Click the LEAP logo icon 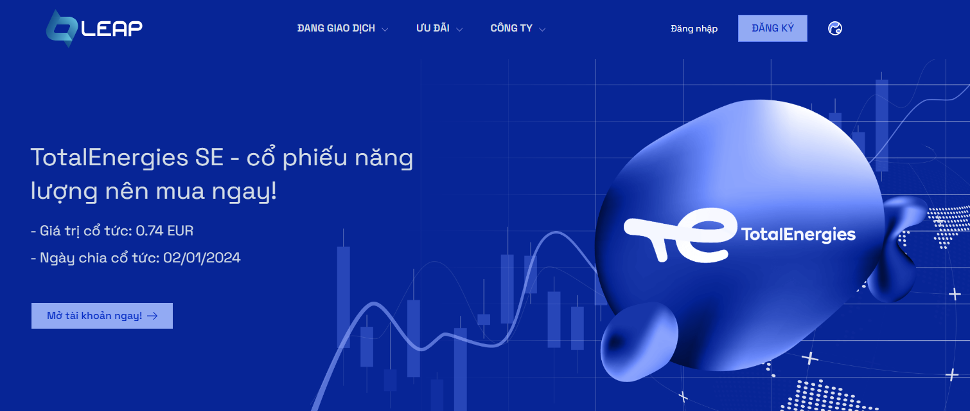click(62, 28)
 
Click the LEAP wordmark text click(112, 28)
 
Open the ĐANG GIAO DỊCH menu click(336, 28)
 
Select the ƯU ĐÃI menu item click(432, 28)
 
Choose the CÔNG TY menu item click(511, 28)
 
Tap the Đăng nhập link click(694, 28)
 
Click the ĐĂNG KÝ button click(773, 28)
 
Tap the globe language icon click(835, 28)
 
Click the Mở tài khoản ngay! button click(102, 316)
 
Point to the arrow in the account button click(152, 316)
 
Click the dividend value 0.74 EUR click(164, 231)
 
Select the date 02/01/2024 click(202, 258)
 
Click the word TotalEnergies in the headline click(110, 158)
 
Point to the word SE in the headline click(209, 157)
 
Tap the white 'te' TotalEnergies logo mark click(680, 235)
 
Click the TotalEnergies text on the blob click(798, 235)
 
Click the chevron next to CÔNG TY click(542, 30)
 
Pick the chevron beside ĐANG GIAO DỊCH click(385, 30)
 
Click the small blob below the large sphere click(639, 342)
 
